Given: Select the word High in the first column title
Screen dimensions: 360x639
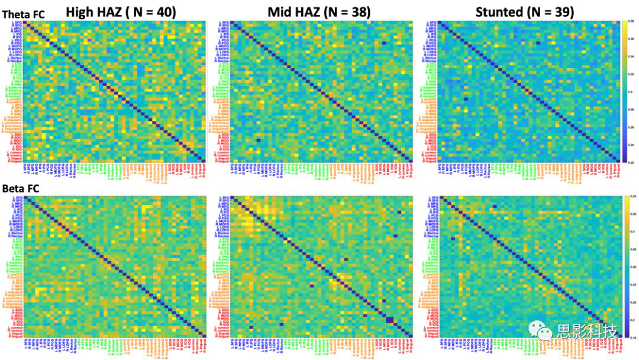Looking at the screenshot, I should coord(82,12).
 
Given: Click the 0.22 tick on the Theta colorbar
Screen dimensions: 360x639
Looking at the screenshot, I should coord(630,160).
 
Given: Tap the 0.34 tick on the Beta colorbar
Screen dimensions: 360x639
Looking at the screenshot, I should coord(630,196).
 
